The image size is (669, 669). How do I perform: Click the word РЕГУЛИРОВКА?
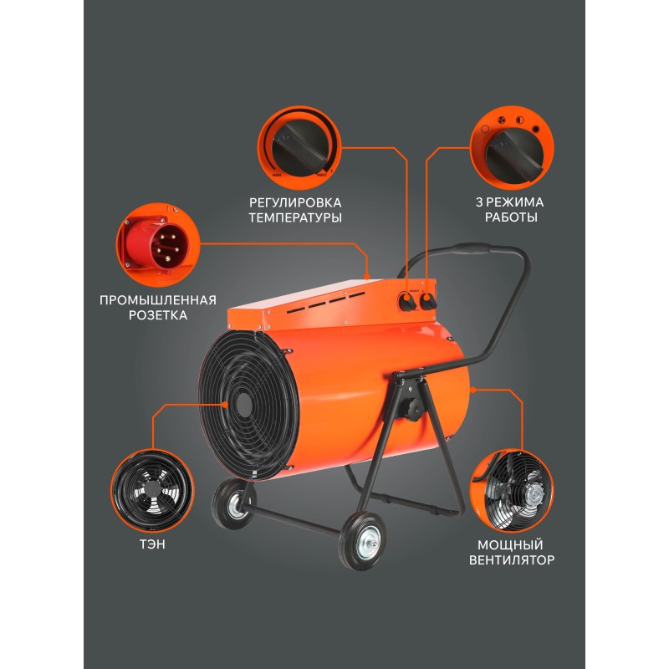tap(295, 202)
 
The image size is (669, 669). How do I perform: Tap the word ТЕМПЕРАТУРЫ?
tap(295, 217)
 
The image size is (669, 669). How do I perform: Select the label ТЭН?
tap(152, 544)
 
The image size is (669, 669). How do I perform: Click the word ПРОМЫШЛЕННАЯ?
tap(158, 300)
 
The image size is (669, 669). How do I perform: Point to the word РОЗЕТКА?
tap(158, 315)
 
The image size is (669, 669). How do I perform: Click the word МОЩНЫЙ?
tap(510, 545)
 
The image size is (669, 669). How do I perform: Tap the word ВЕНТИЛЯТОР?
tap(512, 559)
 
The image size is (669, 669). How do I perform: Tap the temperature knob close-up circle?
tap(299, 148)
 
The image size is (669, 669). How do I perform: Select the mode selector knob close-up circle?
tap(512, 148)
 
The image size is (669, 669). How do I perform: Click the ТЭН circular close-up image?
tap(152, 491)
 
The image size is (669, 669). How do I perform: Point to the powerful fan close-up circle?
tap(512, 491)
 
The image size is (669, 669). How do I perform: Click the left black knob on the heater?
tap(407, 303)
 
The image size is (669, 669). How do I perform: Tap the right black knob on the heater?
tap(427, 302)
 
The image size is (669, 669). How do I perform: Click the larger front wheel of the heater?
tap(361, 541)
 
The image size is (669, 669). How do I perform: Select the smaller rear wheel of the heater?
tap(233, 503)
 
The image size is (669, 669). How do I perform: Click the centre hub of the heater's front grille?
tap(243, 402)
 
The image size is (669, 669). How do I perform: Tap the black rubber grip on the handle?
tap(472, 248)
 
